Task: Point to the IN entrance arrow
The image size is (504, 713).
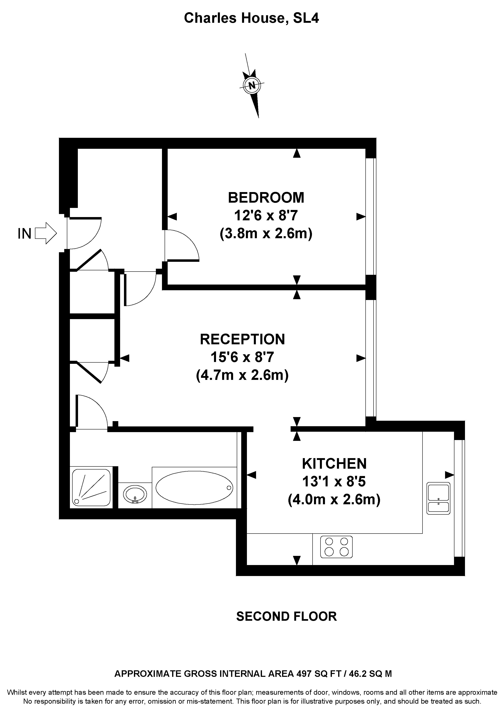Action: pyautogui.click(x=45, y=233)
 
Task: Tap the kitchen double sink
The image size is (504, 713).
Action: pyautogui.click(x=438, y=498)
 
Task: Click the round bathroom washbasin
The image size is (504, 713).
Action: pyautogui.click(x=135, y=493)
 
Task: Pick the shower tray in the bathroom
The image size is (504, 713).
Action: pyautogui.click(x=91, y=487)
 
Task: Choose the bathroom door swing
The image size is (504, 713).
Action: pyautogui.click(x=91, y=412)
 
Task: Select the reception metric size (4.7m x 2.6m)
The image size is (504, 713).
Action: pyautogui.click(x=242, y=375)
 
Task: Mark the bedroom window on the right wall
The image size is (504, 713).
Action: pyautogui.click(x=371, y=216)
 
